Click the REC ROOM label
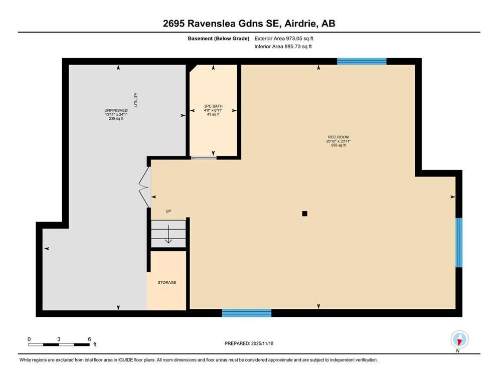[x=338, y=137]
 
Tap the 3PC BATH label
[x=213, y=106]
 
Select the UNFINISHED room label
[x=116, y=110]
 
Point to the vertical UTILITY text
[x=136, y=100]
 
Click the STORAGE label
[x=167, y=282]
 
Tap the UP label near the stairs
[x=169, y=211]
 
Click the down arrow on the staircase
[x=169, y=234]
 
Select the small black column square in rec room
[x=304, y=214]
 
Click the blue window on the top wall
[x=362, y=61]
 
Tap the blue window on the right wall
[x=459, y=243]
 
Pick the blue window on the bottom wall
[x=246, y=313]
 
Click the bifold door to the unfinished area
[x=144, y=187]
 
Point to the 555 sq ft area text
[x=338, y=145]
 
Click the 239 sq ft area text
[x=116, y=119]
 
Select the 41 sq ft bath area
[x=213, y=115]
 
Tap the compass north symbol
[x=459, y=339]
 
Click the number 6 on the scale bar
[x=89, y=339]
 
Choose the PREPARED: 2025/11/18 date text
[x=249, y=343]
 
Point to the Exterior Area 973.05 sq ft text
[x=284, y=39]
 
